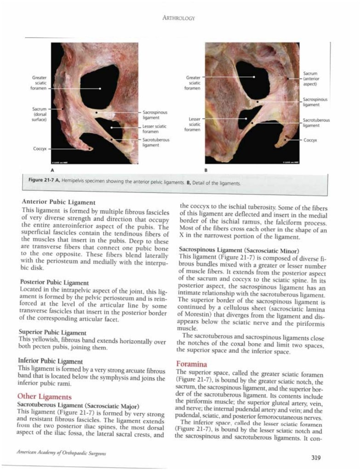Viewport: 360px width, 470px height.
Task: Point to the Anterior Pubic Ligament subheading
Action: click(58, 202)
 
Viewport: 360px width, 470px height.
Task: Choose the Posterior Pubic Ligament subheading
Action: click(55, 282)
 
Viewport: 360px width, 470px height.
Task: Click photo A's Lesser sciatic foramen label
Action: click(154, 129)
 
